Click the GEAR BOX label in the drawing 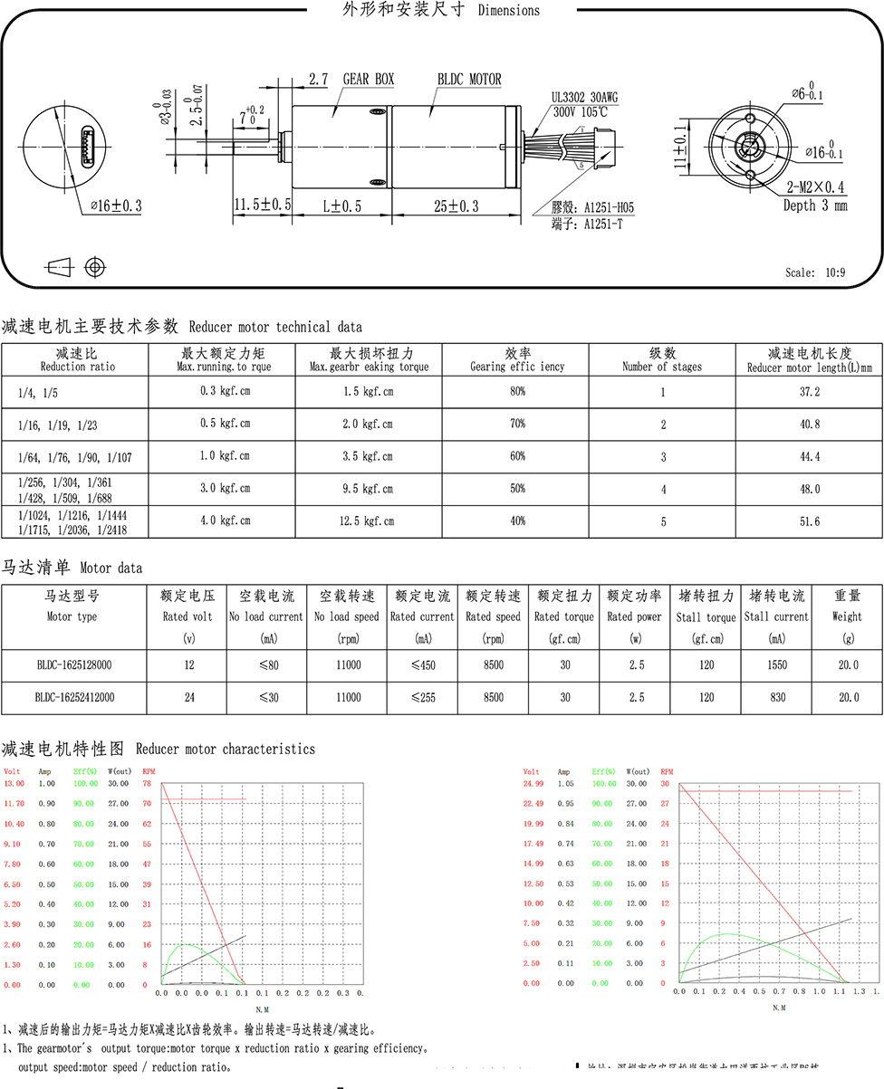pyautogui.click(x=368, y=80)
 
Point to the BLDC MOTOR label pyautogui.click(x=469, y=80)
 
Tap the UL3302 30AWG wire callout pyautogui.click(x=580, y=97)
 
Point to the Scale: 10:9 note pyautogui.click(x=815, y=272)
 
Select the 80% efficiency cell pyautogui.click(x=517, y=392)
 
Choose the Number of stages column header pyautogui.click(x=661, y=359)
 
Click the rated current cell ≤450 pyautogui.click(x=422, y=665)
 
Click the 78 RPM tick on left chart pyautogui.click(x=145, y=784)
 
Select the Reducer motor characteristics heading pyautogui.click(x=158, y=750)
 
